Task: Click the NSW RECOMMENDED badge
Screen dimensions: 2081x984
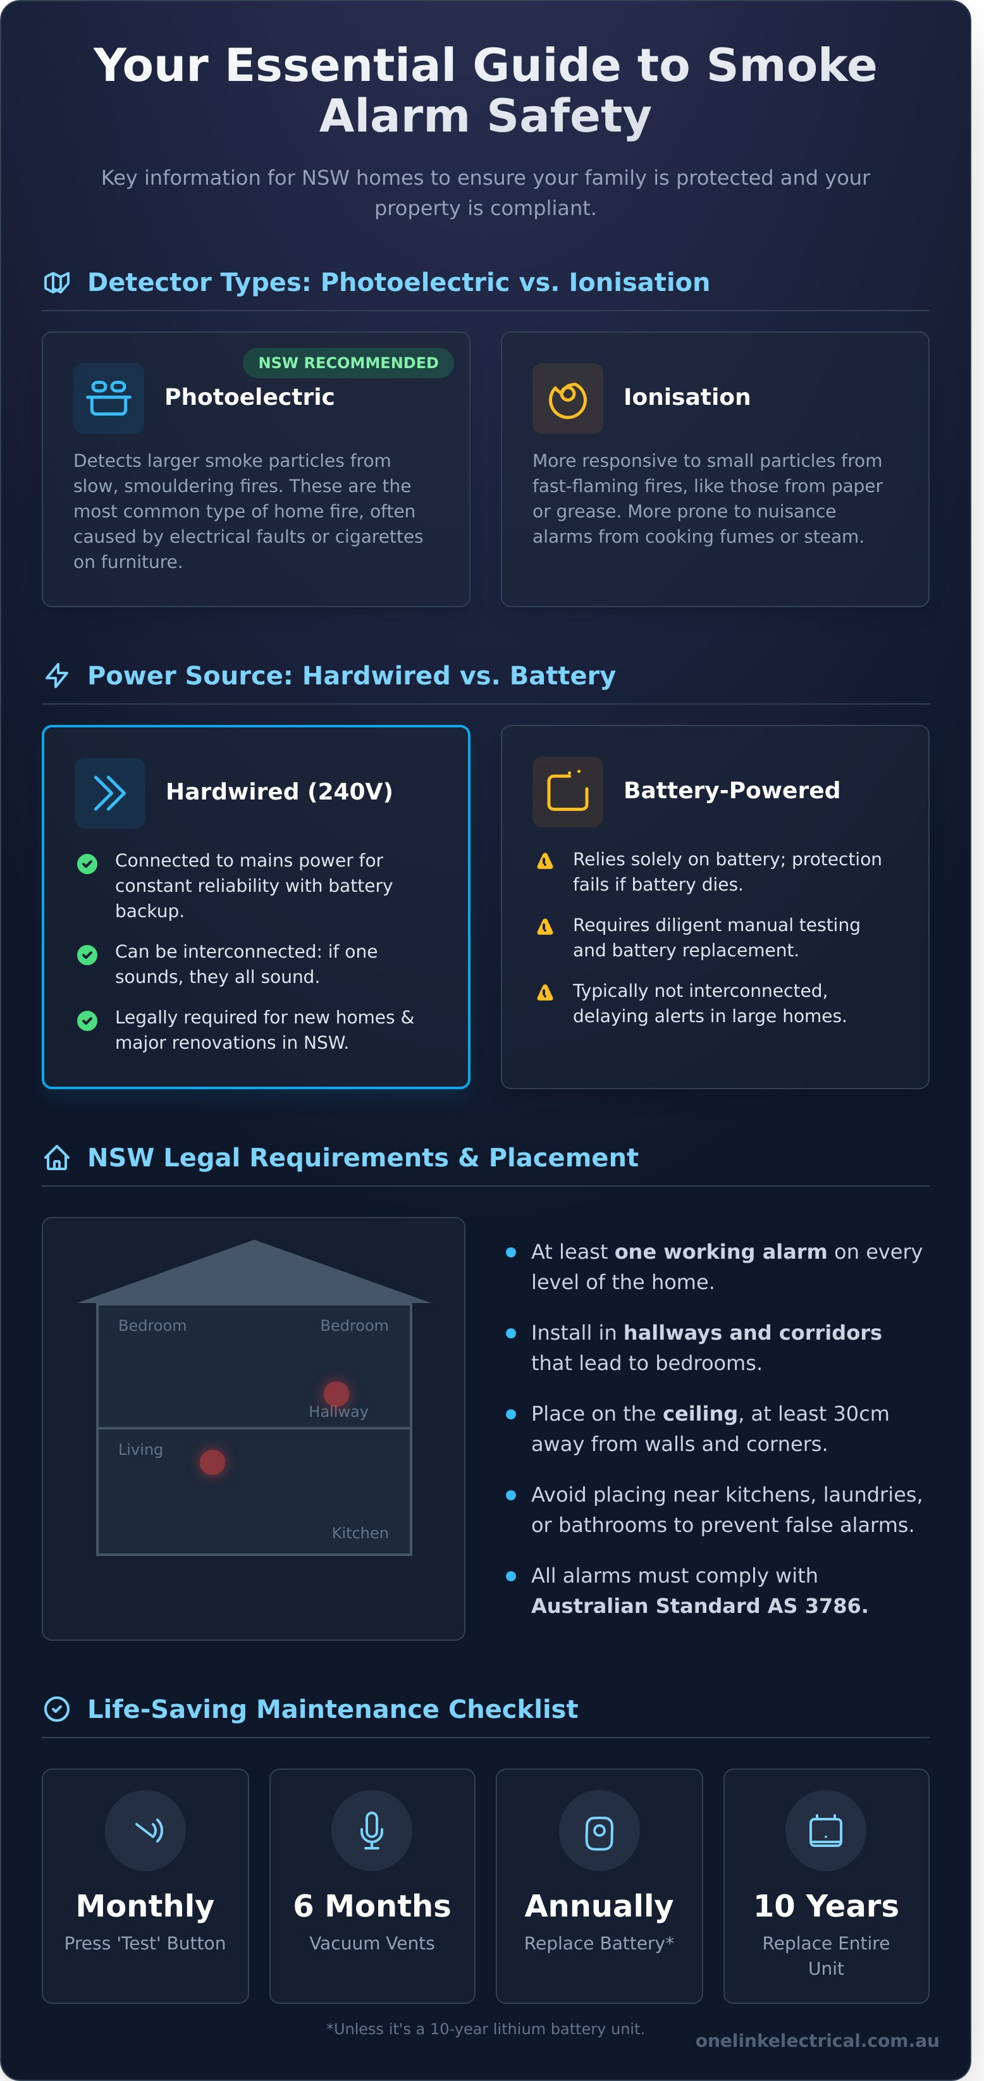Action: coord(348,362)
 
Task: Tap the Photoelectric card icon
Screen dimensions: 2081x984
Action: coord(108,398)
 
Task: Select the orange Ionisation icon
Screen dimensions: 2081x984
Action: coord(567,398)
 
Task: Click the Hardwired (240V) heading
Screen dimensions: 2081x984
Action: coord(279,792)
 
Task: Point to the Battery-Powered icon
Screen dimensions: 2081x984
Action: coord(567,792)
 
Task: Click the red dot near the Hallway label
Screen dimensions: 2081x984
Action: coord(336,1393)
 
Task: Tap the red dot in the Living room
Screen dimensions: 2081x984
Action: coord(212,1462)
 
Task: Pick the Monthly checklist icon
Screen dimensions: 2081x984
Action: coord(145,1830)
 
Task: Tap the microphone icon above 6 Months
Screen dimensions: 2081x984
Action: coord(372,1830)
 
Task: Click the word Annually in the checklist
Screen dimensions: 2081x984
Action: coord(599,1906)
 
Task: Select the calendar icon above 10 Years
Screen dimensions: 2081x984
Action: coord(826,1830)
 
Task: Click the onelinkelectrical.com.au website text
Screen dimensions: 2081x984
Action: coord(817,2041)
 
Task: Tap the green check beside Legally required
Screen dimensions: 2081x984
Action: coord(87,1021)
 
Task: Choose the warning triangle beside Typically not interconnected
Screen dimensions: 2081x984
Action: coord(545,993)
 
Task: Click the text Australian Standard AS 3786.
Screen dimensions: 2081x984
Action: coord(699,1605)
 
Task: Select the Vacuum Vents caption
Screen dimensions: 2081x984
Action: coord(372,1943)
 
